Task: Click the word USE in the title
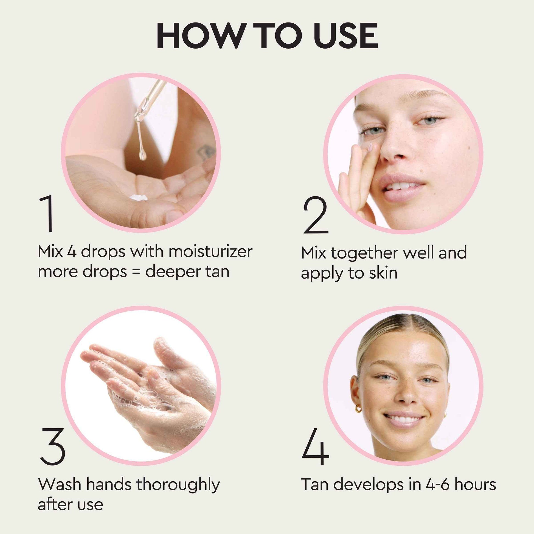[345, 36]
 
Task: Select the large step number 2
[316, 216]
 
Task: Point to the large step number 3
[52, 446]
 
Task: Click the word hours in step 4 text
[475, 485]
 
